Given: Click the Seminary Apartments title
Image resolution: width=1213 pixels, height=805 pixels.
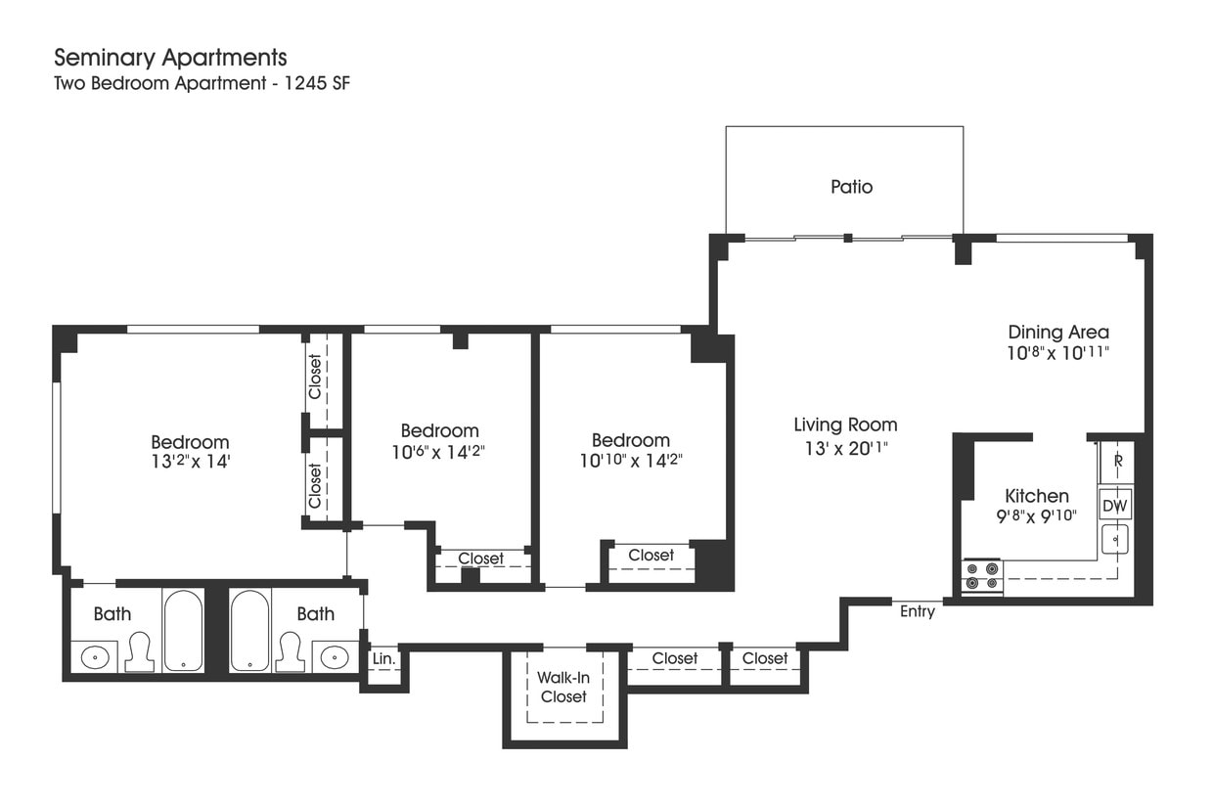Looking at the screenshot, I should [x=170, y=57].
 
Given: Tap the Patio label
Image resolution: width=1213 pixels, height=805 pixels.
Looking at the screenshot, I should [x=851, y=186].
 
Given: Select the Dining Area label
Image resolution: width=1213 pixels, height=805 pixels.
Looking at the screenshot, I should [x=1058, y=333].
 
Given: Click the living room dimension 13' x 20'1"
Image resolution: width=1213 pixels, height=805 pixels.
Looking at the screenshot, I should [x=845, y=449].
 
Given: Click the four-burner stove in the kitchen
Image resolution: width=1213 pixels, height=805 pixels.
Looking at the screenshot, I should [x=982, y=577].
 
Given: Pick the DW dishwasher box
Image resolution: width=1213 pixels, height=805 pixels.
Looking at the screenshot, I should [x=1115, y=506].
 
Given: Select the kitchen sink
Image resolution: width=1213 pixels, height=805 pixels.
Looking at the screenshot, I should [x=1115, y=539].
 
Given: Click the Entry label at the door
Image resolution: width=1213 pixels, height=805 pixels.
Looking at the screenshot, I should [x=918, y=611].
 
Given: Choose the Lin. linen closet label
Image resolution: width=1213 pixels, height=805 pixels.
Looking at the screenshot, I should [x=383, y=659].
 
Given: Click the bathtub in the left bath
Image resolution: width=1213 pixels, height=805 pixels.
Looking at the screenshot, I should [x=183, y=630].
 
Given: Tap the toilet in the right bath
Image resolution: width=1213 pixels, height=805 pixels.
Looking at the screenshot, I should [x=290, y=652].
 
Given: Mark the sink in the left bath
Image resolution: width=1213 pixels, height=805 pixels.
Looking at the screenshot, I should [x=95, y=656].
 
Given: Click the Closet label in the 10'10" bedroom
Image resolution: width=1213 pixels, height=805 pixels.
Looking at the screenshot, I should [x=651, y=555].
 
